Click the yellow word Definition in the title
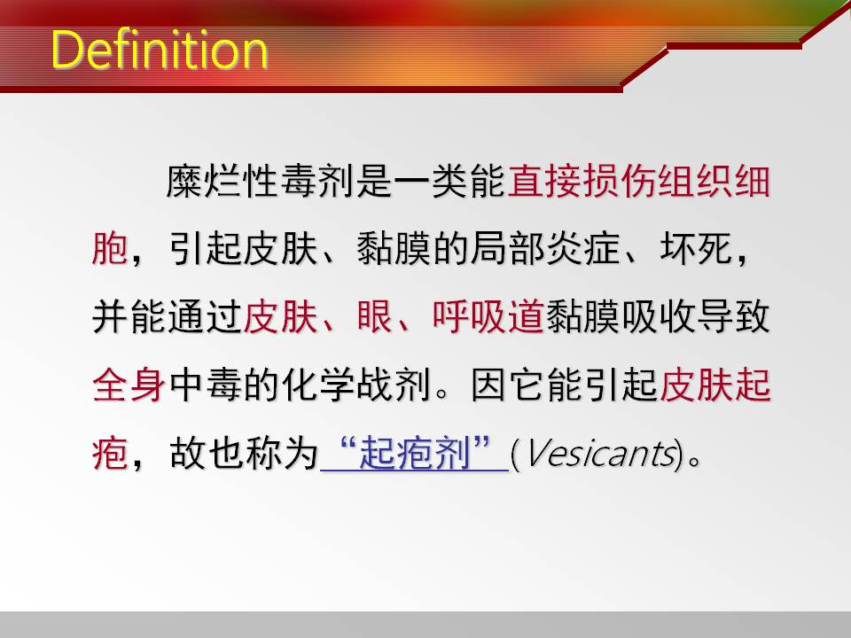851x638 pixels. pyautogui.click(x=160, y=50)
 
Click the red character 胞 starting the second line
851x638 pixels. pyautogui.click(x=110, y=249)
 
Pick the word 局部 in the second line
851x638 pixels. pyautogui.click(x=507, y=249)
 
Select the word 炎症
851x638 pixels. pyautogui.click(x=582, y=249)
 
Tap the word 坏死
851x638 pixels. pyautogui.click(x=697, y=249)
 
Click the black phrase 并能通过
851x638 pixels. pyautogui.click(x=167, y=317)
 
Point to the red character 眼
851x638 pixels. pyautogui.click(x=374, y=317)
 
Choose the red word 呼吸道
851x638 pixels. pyautogui.click(x=488, y=317)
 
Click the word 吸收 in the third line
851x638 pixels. pyautogui.click(x=658, y=317)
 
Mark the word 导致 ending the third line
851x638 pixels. pyautogui.click(x=733, y=317)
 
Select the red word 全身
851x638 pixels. pyautogui.click(x=129, y=385)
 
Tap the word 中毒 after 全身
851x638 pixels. pyautogui.click(x=205, y=385)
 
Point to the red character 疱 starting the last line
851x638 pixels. pyautogui.click(x=110, y=454)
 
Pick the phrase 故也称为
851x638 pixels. pyautogui.click(x=244, y=454)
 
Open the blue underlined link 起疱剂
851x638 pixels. pyautogui.click(x=415, y=454)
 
